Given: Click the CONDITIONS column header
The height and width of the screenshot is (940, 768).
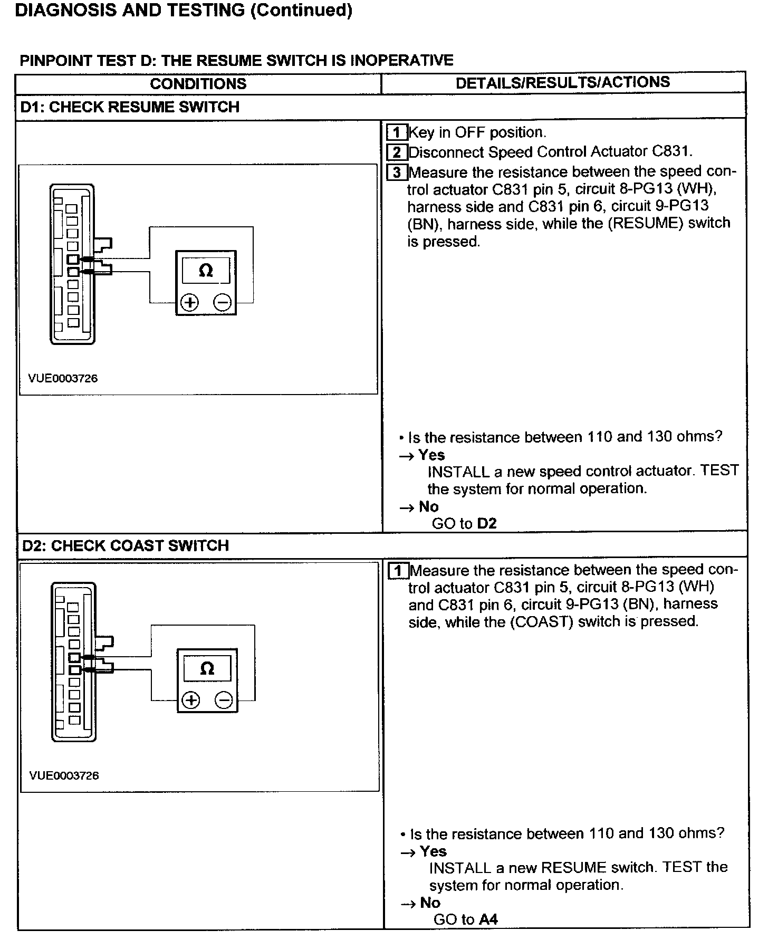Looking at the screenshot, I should [x=198, y=84].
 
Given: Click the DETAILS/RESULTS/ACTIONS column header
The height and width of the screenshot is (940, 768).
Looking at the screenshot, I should [x=562, y=82].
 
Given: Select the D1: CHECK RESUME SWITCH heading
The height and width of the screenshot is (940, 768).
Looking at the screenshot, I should [x=130, y=107].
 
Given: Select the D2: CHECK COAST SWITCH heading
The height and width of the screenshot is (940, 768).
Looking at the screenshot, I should [x=126, y=545].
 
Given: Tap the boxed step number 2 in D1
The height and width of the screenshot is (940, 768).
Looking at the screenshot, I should [x=397, y=152].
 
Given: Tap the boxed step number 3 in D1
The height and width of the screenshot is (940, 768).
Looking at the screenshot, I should [x=397, y=172].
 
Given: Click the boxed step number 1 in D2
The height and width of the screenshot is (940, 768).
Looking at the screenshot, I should [x=398, y=571].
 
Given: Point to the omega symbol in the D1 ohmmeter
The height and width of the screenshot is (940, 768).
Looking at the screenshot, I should [x=206, y=271].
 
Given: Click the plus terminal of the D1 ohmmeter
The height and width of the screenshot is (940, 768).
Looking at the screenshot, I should [x=190, y=303].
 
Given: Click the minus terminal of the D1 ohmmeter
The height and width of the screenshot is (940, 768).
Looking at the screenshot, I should [x=223, y=303].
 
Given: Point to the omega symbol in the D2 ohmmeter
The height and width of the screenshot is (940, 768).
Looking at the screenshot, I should [x=207, y=668].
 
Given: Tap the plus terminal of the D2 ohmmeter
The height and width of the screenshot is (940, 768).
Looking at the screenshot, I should [x=191, y=701].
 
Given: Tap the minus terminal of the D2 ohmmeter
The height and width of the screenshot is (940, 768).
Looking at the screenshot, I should [x=224, y=701].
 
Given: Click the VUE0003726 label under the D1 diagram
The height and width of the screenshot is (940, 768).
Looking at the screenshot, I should [x=63, y=378].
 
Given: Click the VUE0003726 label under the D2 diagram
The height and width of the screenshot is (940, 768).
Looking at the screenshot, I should [x=64, y=775].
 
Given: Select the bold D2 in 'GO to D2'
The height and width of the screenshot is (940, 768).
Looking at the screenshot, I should [x=486, y=524].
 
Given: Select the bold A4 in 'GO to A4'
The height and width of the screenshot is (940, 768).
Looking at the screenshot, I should [x=488, y=920].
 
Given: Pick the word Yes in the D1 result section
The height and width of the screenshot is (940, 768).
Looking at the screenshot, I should [x=431, y=455].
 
